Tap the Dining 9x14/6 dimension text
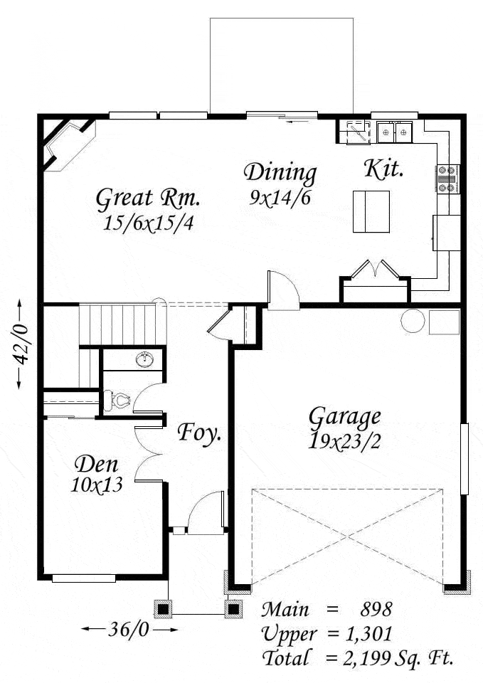(280, 198)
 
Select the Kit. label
(383, 169)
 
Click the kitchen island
(371, 212)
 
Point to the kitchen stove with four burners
(447, 179)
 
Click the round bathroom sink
(144, 360)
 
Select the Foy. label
(199, 433)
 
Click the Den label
(97, 465)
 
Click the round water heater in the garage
(413, 321)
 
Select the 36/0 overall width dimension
(129, 629)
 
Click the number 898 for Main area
(376, 609)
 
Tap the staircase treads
(117, 325)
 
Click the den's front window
(84, 578)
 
